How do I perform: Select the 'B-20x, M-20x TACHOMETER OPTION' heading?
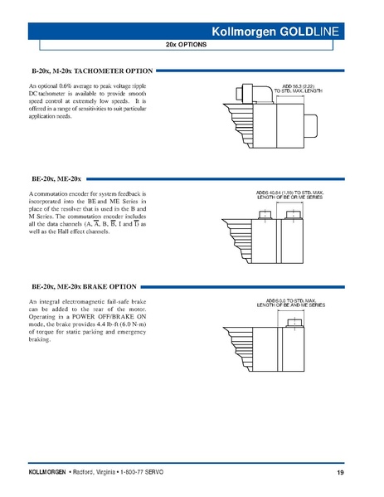91,72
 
